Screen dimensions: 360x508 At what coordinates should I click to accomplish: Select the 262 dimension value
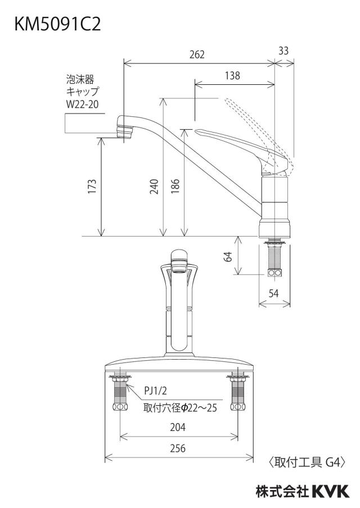tap(197, 54)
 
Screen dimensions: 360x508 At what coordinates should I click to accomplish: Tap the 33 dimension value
tap(283, 51)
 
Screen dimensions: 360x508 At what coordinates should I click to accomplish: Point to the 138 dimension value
tap(232, 75)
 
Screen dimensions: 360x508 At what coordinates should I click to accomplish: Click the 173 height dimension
tap(92, 187)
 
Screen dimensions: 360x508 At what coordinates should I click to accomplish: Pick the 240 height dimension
tap(154, 187)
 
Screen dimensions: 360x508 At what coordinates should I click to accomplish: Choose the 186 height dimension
tap(175, 187)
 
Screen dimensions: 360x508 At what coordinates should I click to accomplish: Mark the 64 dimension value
tap(229, 257)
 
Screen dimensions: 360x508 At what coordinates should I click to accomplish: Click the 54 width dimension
tap(274, 293)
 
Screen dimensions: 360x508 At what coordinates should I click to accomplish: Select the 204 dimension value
tap(178, 427)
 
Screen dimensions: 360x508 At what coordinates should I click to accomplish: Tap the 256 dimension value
tap(178, 448)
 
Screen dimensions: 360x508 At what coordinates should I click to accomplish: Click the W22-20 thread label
tap(82, 105)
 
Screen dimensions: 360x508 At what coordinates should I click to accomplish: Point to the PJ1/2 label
tap(156, 391)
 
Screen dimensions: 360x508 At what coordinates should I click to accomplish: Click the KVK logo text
tap(330, 492)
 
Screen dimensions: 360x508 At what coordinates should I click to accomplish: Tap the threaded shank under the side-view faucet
tap(274, 258)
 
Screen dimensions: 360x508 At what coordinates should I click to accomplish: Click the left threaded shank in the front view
tap(120, 393)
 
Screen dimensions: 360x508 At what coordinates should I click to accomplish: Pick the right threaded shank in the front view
tap(238, 393)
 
